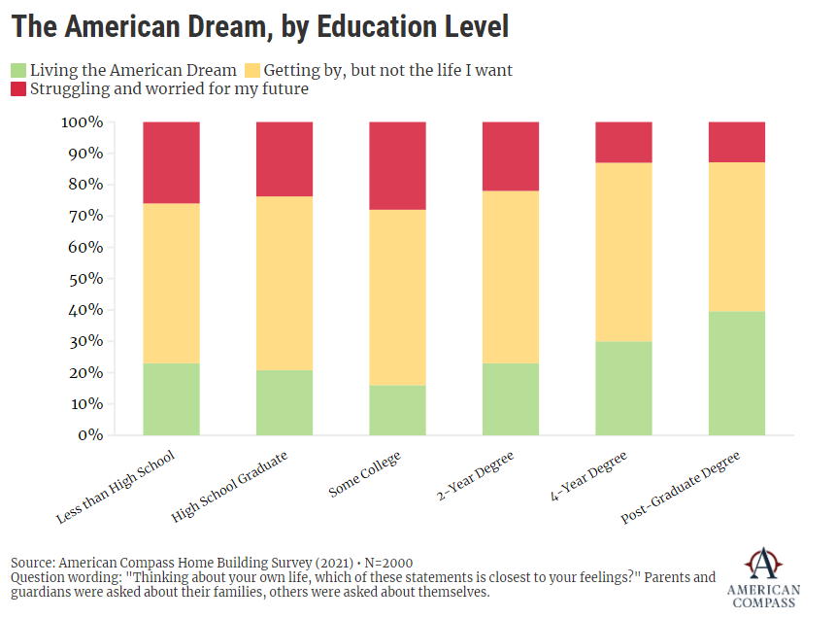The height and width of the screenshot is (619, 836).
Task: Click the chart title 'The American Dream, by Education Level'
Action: (260, 26)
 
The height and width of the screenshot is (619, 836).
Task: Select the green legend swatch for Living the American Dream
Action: (18, 70)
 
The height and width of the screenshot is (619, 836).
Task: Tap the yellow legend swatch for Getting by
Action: (251, 70)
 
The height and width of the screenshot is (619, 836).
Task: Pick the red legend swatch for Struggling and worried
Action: (18, 89)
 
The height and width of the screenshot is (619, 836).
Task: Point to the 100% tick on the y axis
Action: (82, 122)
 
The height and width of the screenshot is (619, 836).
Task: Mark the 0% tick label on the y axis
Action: (89, 435)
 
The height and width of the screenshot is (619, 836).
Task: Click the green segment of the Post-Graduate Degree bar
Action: (736, 373)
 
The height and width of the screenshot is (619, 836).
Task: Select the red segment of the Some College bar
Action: (397, 165)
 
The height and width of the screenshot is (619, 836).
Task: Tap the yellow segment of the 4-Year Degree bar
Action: (623, 252)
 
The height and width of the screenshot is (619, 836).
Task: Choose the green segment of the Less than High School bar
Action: (171, 399)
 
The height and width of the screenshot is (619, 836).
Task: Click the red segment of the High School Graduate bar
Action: (284, 159)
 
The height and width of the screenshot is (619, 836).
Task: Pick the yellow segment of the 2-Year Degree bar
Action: (510, 277)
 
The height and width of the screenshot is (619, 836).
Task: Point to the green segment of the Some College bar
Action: (397, 410)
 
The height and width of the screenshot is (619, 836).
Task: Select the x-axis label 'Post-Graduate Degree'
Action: (682, 488)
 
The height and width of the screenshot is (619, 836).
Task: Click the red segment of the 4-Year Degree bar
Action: (623, 142)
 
